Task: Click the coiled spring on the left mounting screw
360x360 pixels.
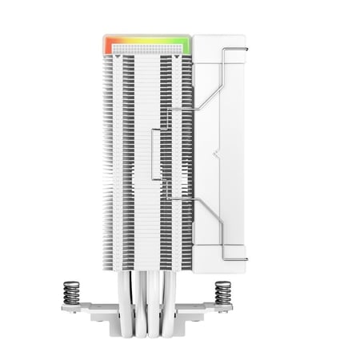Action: pyautogui.click(x=72, y=292)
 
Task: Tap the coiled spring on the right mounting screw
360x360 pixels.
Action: pyautogui.click(x=223, y=292)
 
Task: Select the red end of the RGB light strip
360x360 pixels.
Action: pyautogui.click(x=108, y=44)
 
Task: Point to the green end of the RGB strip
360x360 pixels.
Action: pyautogui.click(x=187, y=44)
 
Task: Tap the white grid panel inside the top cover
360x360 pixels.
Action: pyautogui.click(x=147, y=49)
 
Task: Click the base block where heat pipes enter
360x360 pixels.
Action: pyautogui.click(x=148, y=324)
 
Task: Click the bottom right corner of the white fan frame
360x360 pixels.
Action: pyautogui.click(x=242, y=270)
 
